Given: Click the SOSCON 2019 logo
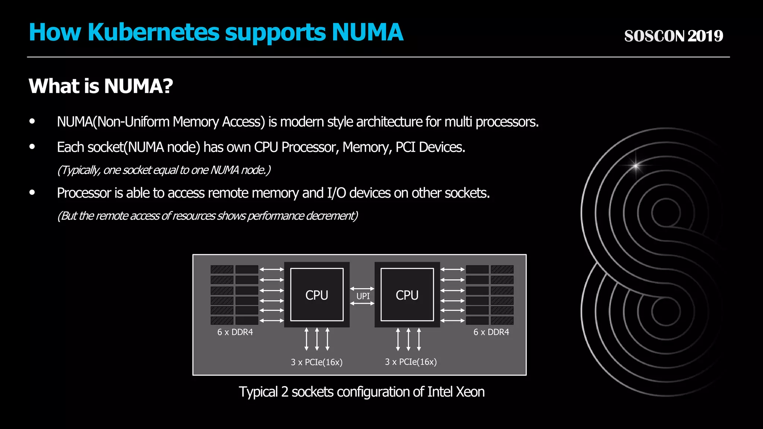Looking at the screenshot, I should tap(673, 36).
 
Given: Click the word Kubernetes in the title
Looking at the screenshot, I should tap(153, 32).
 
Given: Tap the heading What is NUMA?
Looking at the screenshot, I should tap(101, 86).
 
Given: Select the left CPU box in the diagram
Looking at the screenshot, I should tap(317, 295).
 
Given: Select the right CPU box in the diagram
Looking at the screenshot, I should tap(407, 295).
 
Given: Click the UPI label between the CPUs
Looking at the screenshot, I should tap(363, 296).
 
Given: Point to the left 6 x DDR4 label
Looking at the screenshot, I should tap(235, 332).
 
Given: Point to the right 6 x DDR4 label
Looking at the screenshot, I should tap(491, 332).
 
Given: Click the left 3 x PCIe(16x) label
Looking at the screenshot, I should tap(317, 362).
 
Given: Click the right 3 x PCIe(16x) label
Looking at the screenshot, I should tap(411, 362).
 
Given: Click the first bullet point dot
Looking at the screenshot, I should tap(32, 121).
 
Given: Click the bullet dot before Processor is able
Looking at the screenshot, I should tap(32, 193).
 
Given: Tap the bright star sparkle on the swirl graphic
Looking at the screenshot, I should tap(636, 165).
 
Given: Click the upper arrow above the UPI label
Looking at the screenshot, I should tap(362, 289).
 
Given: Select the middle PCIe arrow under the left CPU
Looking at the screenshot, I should tap(317, 339).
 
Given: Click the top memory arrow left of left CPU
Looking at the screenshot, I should tap(272, 269).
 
